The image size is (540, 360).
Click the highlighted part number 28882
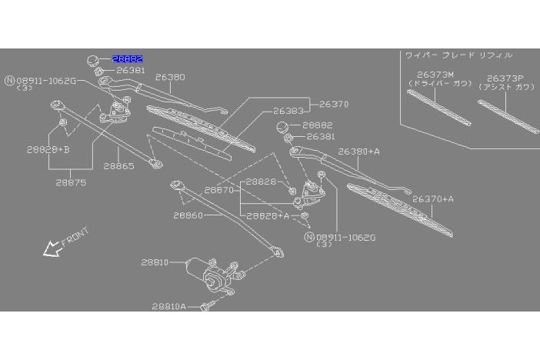[128, 58]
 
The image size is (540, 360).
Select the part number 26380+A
[359, 152]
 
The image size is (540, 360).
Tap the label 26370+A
[433, 198]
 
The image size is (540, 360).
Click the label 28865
[120, 165]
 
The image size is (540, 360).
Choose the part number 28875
[71, 182]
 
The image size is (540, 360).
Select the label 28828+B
[48, 149]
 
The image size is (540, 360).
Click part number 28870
[219, 190]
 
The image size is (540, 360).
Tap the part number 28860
[188, 216]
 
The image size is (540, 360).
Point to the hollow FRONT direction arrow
[52, 248]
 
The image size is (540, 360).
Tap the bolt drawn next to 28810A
[206, 307]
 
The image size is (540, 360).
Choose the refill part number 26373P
[505, 78]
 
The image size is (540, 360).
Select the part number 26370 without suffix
[334, 104]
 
